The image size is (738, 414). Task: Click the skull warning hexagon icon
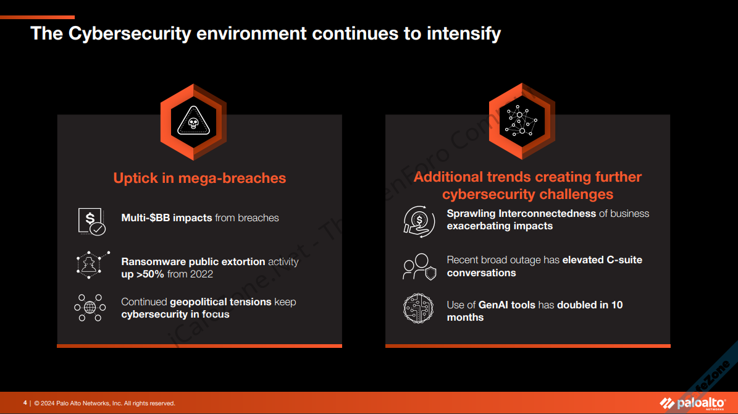193,122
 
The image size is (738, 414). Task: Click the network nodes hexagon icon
521,121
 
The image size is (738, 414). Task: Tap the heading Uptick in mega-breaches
199,178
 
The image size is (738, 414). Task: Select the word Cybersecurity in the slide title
130,33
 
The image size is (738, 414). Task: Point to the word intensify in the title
464,33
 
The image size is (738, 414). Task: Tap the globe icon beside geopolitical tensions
90,308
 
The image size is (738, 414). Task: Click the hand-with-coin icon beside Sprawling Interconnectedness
419,221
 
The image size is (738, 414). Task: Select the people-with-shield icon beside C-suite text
419,266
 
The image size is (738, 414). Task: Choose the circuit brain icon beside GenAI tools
419,308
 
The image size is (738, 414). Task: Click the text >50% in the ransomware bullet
150,274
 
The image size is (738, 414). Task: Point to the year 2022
201,274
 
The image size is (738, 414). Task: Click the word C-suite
624,260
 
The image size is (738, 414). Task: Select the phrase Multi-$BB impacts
167,218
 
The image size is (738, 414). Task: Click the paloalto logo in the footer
692,403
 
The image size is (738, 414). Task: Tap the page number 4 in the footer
25,403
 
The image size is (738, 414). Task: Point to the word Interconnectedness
547,213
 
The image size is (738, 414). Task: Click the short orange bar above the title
37,17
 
